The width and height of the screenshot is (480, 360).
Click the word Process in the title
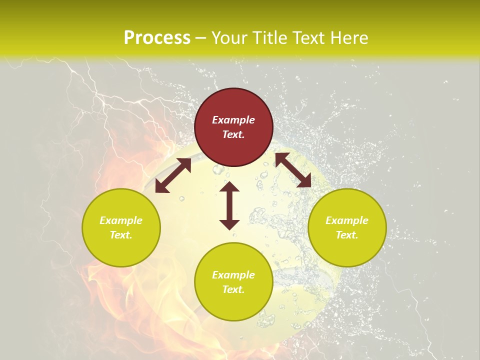157,38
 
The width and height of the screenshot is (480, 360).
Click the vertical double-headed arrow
229,205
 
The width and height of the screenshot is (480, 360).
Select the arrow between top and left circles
173,175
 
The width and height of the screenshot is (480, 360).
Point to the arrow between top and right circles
293,170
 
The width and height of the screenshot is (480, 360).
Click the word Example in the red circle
233,120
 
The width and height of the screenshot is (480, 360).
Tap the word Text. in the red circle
233,134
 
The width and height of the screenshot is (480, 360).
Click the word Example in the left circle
121,220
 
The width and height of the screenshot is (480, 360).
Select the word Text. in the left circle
121,235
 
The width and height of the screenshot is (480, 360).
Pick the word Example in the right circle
347,220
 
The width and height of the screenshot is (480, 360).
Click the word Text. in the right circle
347,235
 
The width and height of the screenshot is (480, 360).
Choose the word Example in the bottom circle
233,275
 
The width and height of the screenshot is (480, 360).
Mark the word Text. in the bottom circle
233,289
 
